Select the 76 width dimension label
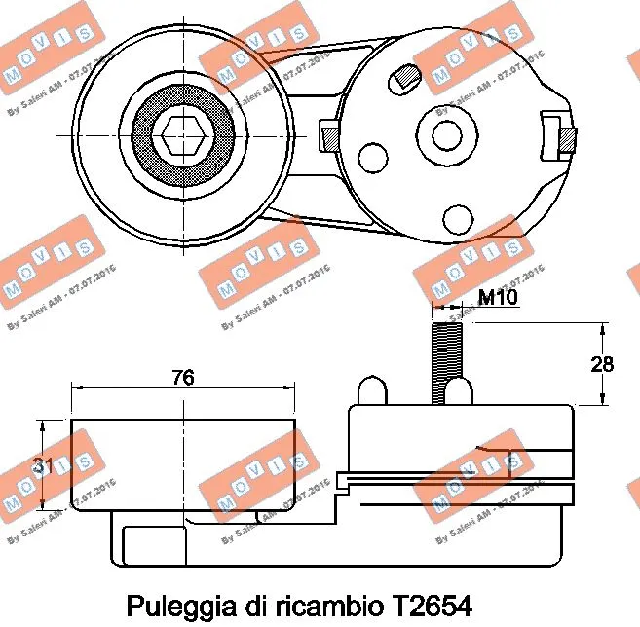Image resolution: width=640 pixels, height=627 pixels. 182,378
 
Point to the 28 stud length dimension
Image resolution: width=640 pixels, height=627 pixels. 604,364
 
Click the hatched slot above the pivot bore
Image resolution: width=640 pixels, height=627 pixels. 404,75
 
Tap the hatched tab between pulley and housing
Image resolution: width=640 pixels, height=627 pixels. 329,134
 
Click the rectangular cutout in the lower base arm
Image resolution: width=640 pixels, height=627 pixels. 155,545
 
